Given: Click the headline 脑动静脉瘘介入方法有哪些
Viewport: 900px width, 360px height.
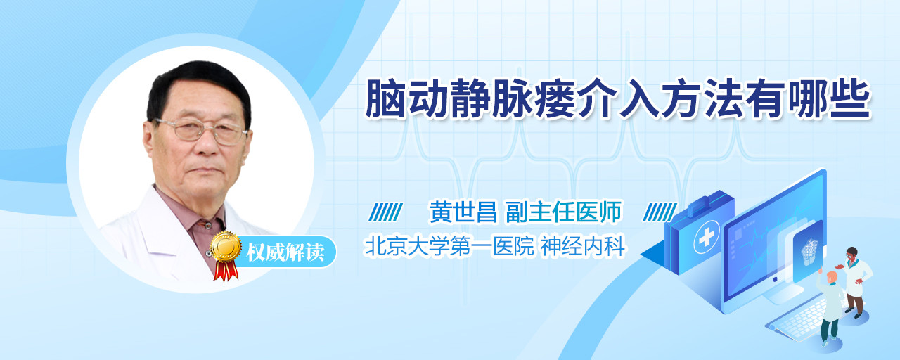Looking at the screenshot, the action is [x=618, y=99].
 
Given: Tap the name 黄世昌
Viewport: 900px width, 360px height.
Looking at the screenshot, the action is [x=463, y=212].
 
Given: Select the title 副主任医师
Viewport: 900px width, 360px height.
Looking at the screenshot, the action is [x=564, y=212].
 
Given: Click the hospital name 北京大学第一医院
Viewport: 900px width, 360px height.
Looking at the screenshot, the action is [x=449, y=246].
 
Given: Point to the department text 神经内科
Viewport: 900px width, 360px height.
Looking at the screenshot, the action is [x=583, y=246].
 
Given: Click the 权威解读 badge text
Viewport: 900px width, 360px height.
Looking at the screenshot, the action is [x=285, y=252].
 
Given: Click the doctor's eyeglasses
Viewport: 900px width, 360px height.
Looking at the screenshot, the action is [x=201, y=131].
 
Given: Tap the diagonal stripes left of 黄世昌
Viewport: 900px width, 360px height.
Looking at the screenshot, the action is [x=385, y=212].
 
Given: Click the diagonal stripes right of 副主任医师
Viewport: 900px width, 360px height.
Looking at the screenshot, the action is [x=660, y=212].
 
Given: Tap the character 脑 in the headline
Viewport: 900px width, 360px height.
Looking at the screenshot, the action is [x=385, y=99].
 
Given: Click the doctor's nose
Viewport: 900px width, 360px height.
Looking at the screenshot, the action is [x=207, y=144].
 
